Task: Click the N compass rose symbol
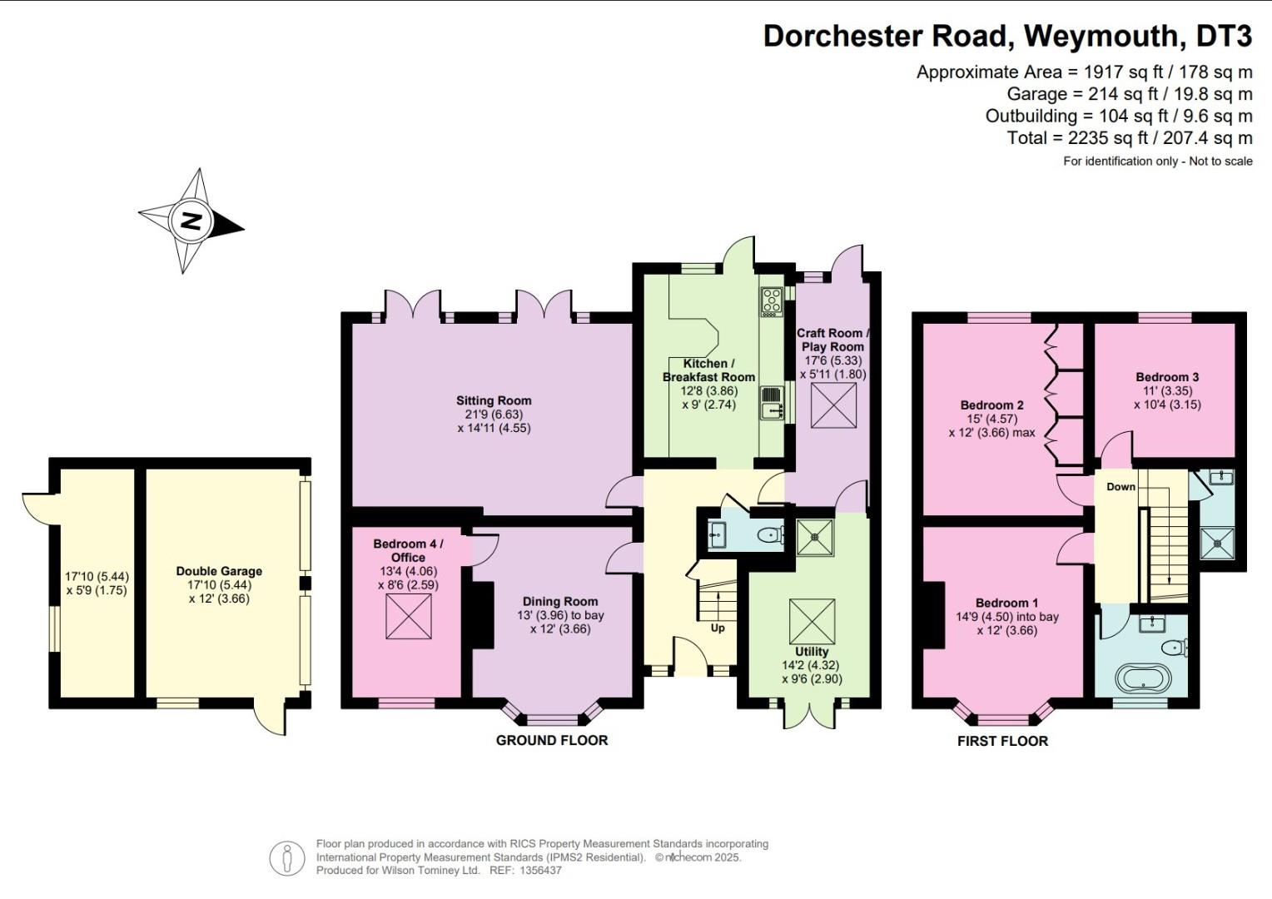(x=191, y=221)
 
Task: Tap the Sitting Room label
(x=494, y=400)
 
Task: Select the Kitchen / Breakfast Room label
(x=708, y=370)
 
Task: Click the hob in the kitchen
(x=771, y=301)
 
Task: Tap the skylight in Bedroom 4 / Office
(x=409, y=617)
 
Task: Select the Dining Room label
(x=560, y=601)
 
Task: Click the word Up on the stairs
(x=718, y=628)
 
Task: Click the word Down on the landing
(x=1120, y=486)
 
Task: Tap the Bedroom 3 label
(x=1167, y=377)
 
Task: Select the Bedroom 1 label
(x=1007, y=603)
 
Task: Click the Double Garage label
(x=219, y=571)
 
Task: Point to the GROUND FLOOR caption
(x=552, y=740)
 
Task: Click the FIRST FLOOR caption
(x=1002, y=741)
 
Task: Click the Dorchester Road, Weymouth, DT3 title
(x=1007, y=36)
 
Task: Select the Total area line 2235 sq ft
(x=1130, y=138)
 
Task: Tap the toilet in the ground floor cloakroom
(x=770, y=536)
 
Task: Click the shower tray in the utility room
(x=815, y=537)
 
